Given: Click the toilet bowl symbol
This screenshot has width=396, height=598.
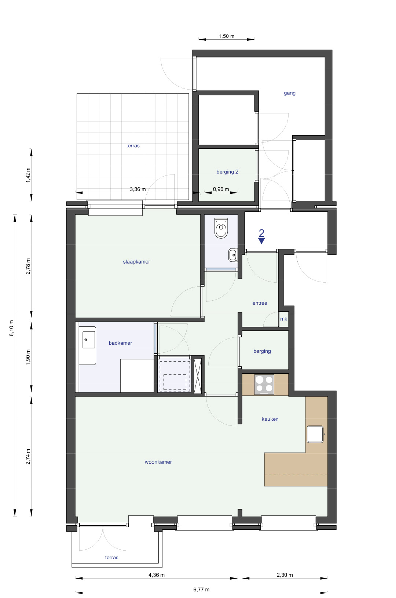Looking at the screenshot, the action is (221, 228).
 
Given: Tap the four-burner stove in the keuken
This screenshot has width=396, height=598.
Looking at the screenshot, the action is (264, 384).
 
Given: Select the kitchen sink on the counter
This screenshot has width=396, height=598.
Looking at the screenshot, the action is (315, 434).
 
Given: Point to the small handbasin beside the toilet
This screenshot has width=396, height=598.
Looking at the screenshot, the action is (232, 255).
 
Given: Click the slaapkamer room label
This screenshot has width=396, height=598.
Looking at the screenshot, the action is (136, 262).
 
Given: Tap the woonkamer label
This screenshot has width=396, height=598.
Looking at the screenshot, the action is (158, 462).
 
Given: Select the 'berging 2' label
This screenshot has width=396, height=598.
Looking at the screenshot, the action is (227, 172).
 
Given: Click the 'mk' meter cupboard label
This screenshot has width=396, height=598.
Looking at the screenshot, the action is (283, 319).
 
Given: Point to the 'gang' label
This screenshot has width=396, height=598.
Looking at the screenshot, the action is (289, 93).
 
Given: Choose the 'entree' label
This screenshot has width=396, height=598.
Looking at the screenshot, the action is (260, 303).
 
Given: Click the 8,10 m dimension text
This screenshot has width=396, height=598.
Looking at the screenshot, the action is (12, 328).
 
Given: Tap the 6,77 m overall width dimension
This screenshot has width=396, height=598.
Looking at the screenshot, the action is (201, 590).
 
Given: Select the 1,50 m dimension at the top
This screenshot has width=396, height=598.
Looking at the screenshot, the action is (226, 36).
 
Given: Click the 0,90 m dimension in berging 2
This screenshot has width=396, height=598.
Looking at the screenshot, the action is (221, 189).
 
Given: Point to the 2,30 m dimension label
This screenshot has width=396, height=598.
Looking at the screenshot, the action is (285, 575).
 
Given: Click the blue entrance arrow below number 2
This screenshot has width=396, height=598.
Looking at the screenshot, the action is (261, 241).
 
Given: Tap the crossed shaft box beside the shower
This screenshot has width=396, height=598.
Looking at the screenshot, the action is (198, 376).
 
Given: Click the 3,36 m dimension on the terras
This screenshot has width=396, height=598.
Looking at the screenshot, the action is (137, 189).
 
